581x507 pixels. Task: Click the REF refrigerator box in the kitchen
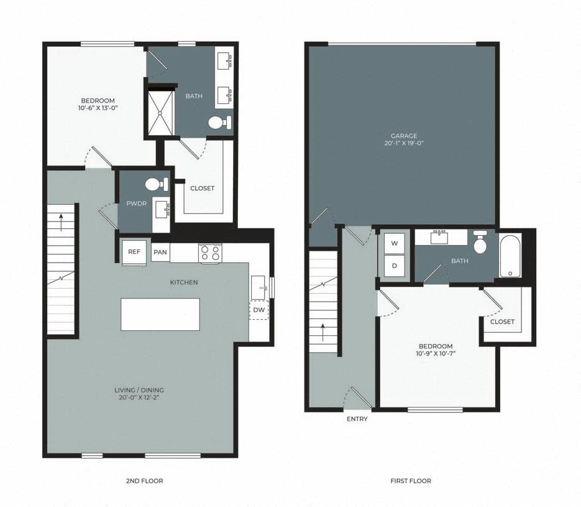[134, 252]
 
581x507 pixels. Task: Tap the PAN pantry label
[160, 252]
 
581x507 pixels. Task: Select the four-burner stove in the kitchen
[211, 253]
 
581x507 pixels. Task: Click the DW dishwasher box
[258, 310]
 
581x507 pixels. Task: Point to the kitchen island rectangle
[160, 314]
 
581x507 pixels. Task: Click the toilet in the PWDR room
[155, 184]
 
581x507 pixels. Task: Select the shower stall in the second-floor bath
[160, 114]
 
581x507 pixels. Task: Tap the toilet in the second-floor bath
[219, 123]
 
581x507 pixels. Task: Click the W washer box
[394, 243]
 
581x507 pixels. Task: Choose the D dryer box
[394, 265]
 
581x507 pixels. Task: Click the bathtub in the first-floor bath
[511, 256]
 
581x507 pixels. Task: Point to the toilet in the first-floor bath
[480, 243]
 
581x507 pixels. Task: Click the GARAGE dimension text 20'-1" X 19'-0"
[403, 143]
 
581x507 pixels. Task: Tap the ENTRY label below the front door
[357, 419]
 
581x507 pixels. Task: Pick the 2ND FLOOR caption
[144, 481]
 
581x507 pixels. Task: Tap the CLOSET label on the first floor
[502, 322]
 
